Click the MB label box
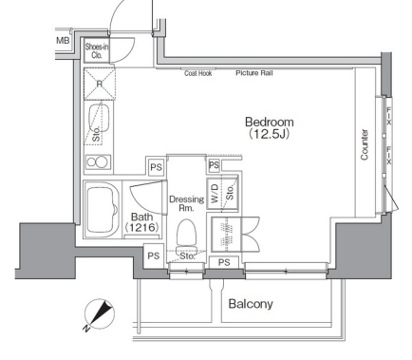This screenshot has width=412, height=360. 63,41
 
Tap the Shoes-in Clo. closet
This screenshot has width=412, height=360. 97,50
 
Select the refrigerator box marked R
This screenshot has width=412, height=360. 100,84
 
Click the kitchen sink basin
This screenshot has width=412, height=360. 100,118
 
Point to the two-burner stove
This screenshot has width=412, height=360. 98,162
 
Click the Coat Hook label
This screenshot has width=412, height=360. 198,73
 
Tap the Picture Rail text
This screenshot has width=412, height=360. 254,73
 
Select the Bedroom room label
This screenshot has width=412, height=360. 270,122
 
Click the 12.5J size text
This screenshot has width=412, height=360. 269,134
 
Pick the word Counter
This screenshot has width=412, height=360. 365,144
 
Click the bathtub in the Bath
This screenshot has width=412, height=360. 102,210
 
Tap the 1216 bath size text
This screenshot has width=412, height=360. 141,227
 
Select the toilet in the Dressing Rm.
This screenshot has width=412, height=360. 186,236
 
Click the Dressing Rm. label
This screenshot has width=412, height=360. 186,203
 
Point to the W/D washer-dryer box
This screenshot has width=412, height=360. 215,194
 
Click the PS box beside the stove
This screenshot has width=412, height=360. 156,167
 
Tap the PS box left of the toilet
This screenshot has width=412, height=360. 154,256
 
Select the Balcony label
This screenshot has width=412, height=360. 251,304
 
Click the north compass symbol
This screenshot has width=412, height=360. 100,314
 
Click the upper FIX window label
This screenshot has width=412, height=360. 388,116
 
